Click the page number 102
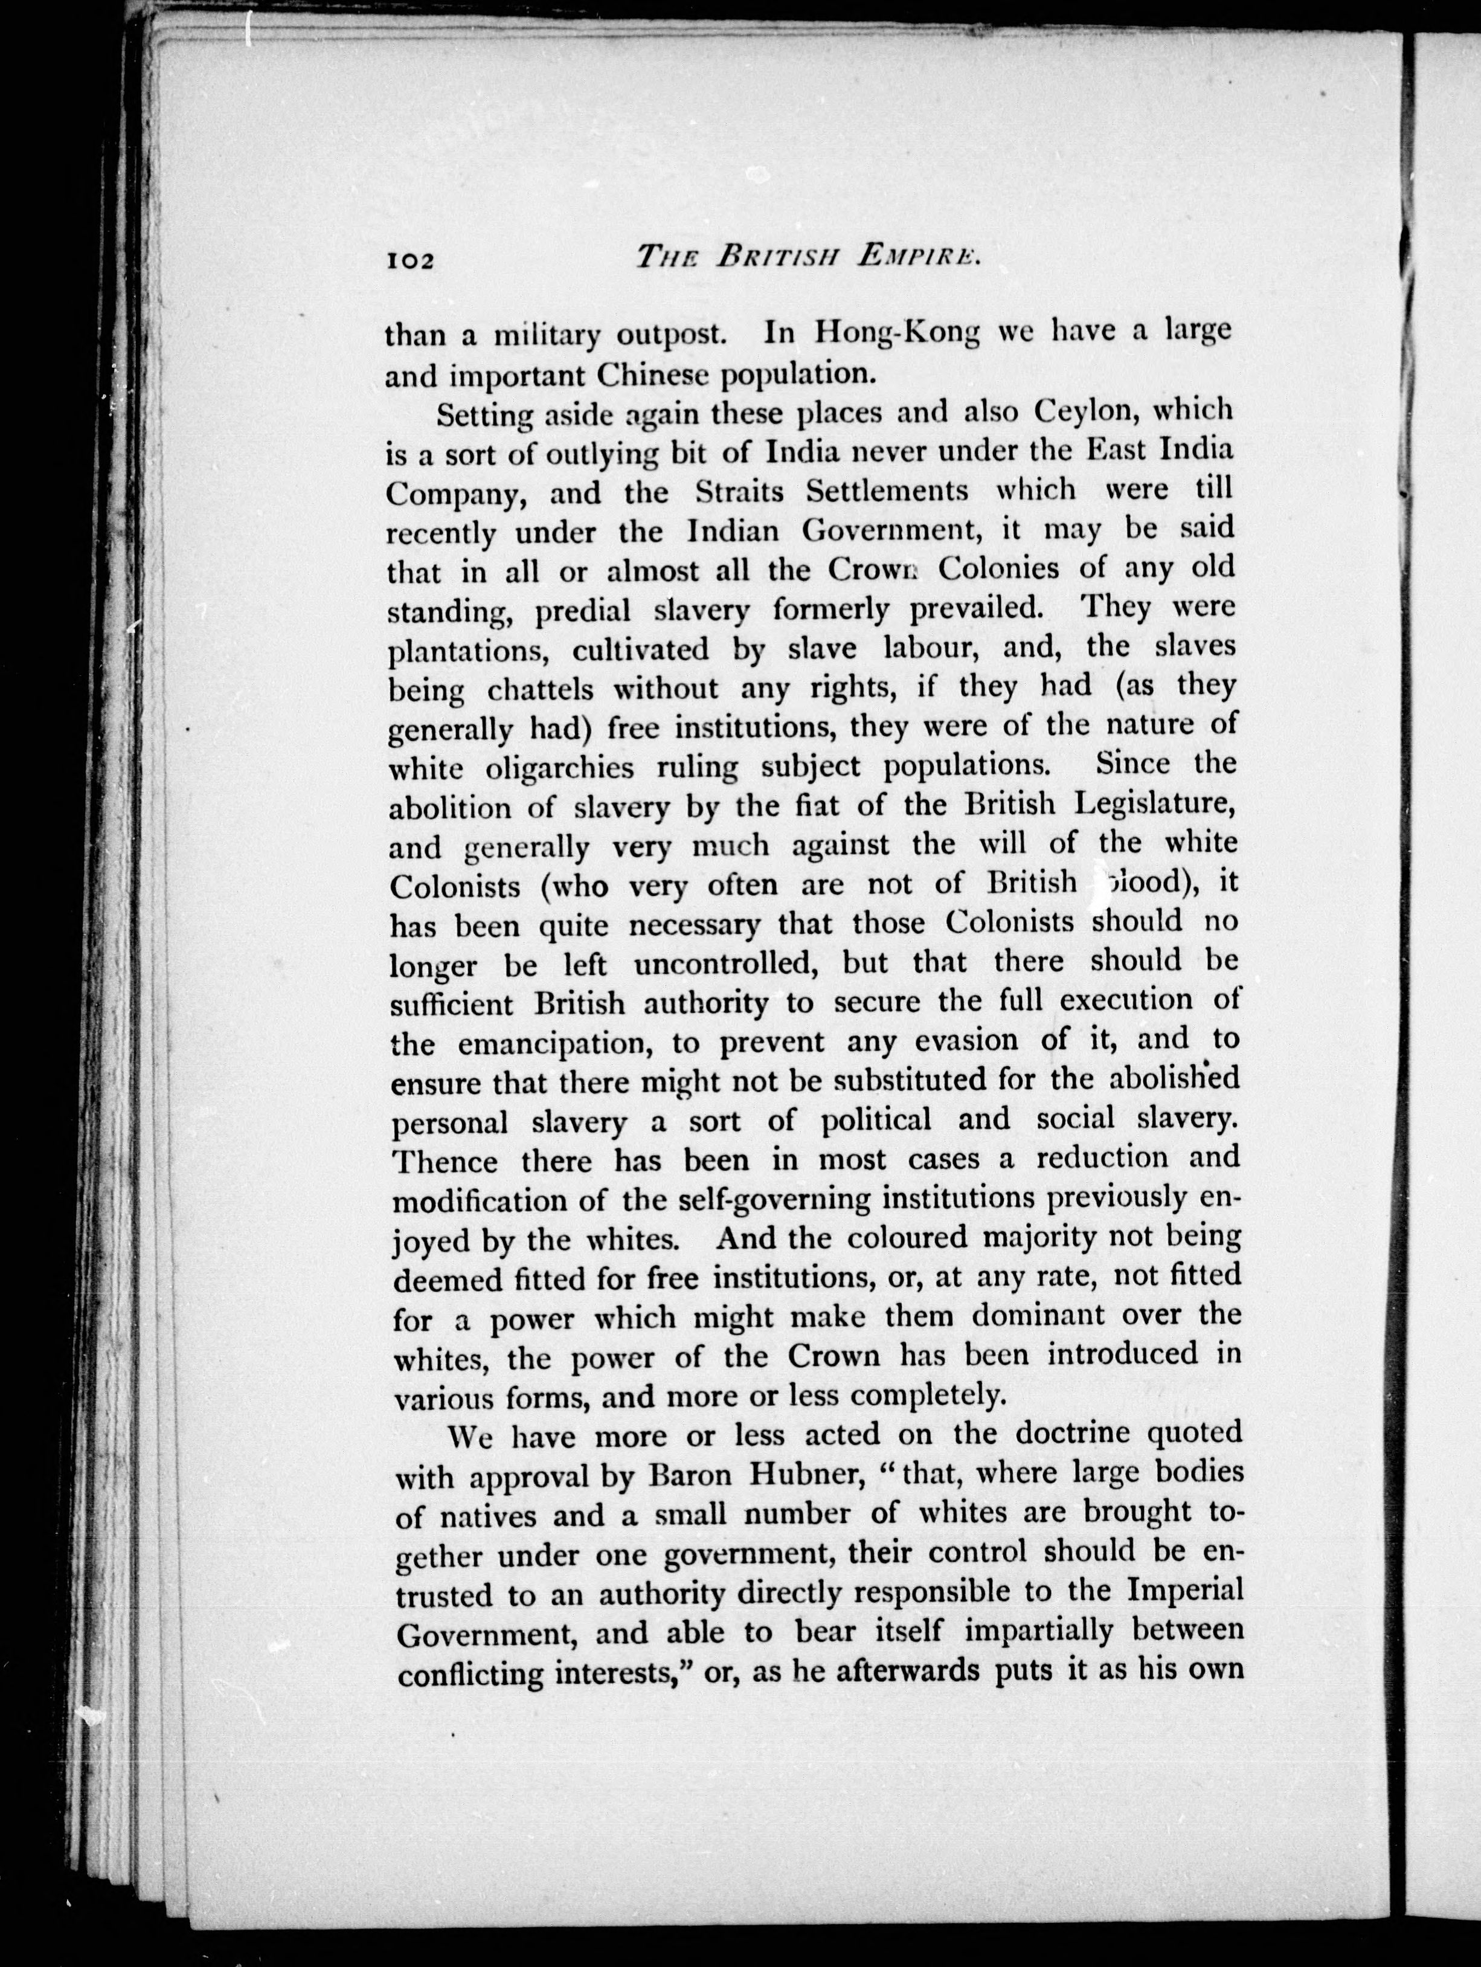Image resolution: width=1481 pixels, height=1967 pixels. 409,260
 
